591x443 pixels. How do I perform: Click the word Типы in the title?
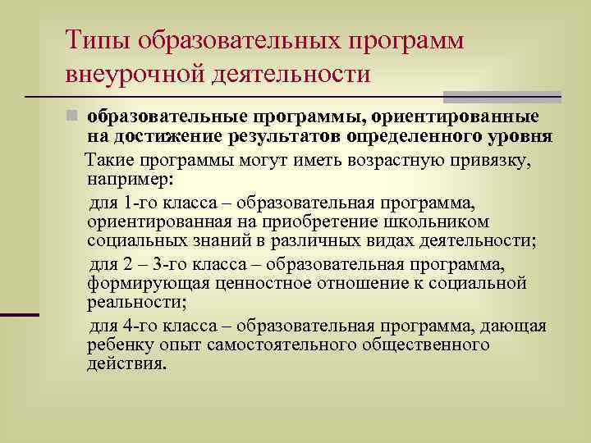click(x=97, y=39)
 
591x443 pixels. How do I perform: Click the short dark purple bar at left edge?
click(x=20, y=314)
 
